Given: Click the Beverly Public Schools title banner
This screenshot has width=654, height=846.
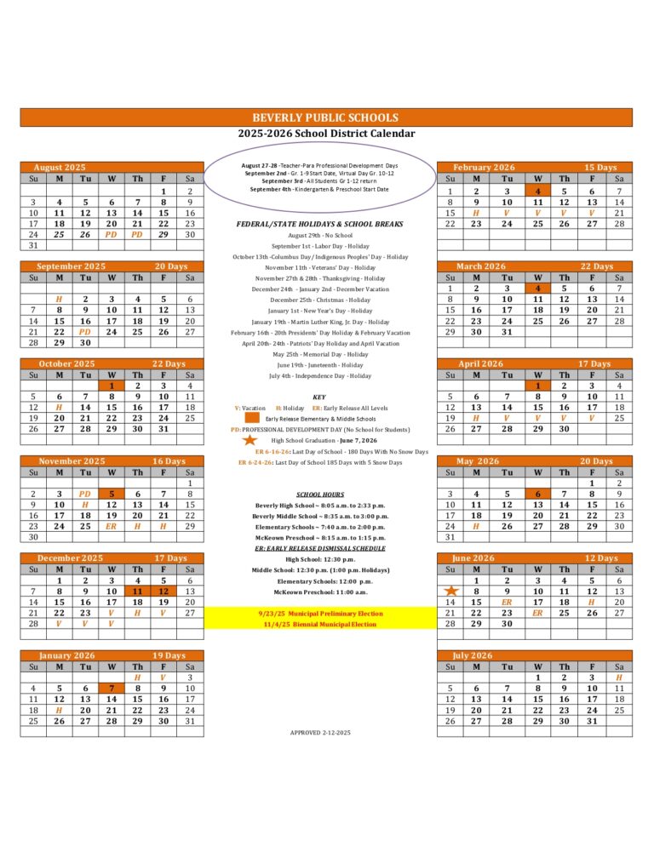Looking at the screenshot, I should (x=327, y=117).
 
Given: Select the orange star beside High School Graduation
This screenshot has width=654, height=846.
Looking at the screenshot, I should (x=250, y=441).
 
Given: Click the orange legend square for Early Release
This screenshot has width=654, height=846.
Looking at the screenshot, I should (x=251, y=419).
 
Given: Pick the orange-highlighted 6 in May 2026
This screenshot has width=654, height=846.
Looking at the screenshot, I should (x=537, y=494).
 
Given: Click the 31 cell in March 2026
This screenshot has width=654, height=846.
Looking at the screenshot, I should (x=507, y=332).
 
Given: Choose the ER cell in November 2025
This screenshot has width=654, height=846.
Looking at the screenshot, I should (x=111, y=527).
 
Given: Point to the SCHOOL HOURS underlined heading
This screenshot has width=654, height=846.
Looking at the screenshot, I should (x=319, y=494).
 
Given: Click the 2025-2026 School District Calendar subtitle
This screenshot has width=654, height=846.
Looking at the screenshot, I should (x=327, y=134).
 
